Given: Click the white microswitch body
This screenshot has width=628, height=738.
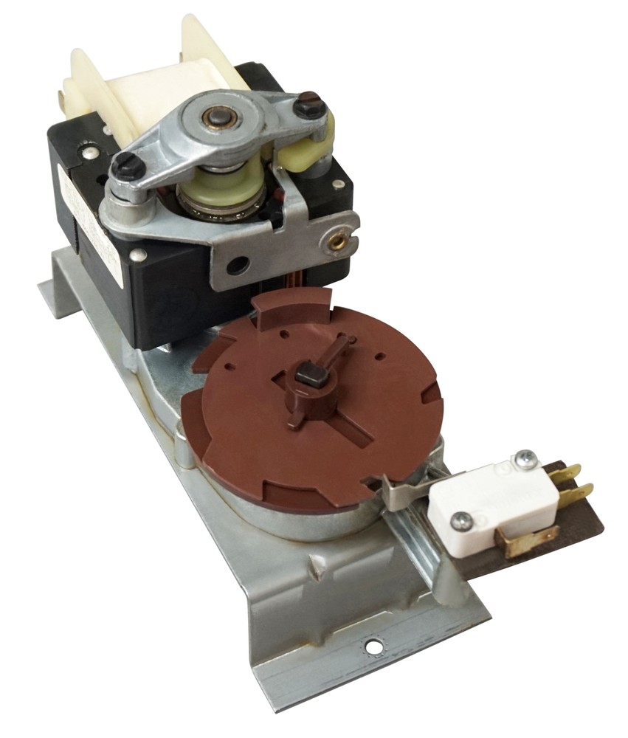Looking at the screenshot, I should tap(491, 499).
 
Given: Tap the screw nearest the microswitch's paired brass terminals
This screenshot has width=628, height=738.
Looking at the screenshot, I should tap(525, 460).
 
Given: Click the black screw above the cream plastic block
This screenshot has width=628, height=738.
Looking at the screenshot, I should tap(310, 105).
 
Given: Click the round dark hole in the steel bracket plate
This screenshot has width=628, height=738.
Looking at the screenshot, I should tap(237, 265).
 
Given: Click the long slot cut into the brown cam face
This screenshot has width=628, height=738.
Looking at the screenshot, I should tap(347, 429).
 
